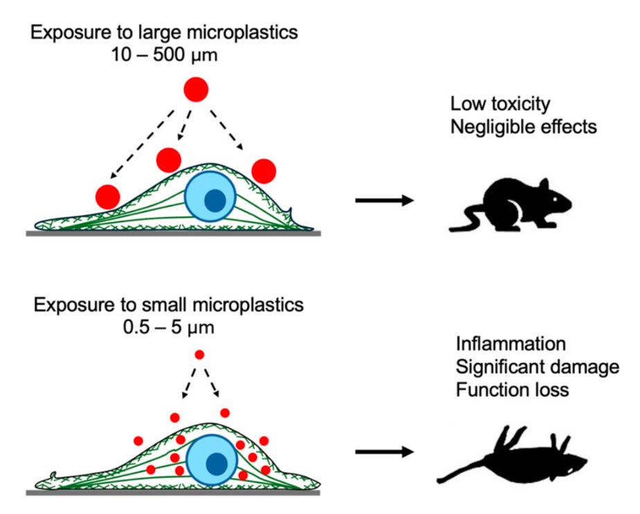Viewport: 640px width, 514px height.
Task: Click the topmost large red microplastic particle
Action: coord(195,89)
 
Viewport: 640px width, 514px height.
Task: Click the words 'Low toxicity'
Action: coord(500,104)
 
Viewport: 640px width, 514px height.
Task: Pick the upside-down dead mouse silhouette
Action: coord(516,459)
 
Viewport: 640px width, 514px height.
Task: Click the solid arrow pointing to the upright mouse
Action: coord(384,201)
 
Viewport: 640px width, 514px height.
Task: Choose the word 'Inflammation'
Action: coord(510,344)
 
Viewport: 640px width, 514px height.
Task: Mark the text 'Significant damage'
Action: coord(537,367)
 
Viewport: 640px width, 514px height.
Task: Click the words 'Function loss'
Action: coord(513,389)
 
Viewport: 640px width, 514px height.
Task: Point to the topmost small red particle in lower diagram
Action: coord(199,355)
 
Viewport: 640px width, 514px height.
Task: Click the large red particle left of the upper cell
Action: coord(108,197)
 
